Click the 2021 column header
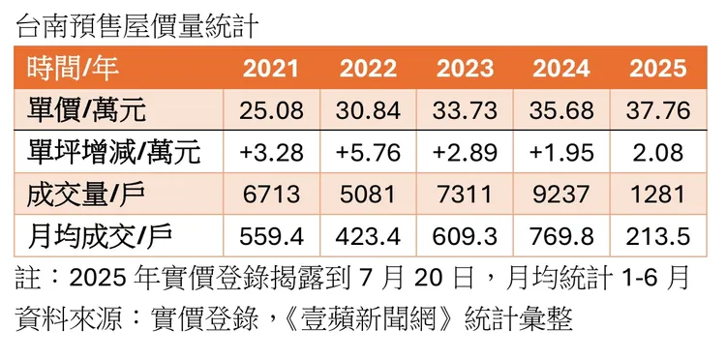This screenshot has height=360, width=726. point(271,69)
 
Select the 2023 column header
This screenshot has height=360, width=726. point(465,69)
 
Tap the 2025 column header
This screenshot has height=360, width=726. point(658,69)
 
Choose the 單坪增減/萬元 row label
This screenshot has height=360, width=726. point(114,152)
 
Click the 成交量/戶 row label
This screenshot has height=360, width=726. point(86,194)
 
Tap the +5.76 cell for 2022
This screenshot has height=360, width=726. point(368,152)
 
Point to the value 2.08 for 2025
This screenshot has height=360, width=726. point(658,152)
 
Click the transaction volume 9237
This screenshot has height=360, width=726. point(561,194)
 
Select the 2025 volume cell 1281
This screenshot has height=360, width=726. point(658,194)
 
